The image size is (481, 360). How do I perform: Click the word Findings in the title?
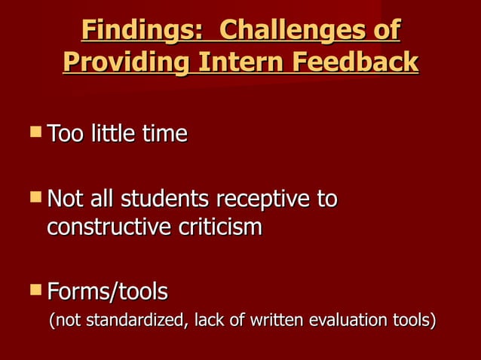[x=129, y=32]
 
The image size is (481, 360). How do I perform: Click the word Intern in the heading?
[x=237, y=62]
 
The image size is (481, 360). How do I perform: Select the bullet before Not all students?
[x=35, y=199]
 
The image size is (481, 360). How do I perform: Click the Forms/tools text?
[x=107, y=291]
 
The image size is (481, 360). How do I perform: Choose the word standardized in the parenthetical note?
[x=133, y=321]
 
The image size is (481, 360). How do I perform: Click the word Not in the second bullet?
[x=63, y=200]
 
